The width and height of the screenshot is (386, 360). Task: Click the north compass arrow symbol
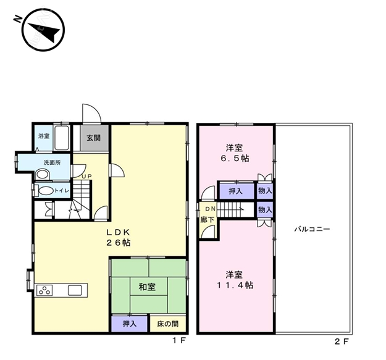[x=43, y=30]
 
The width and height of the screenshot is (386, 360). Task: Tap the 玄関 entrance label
[x=93, y=138]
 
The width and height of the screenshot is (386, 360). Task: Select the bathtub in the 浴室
[x=61, y=138]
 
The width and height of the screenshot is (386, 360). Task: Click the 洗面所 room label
[x=52, y=162]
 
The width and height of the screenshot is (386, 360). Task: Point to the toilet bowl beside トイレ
[x=46, y=191]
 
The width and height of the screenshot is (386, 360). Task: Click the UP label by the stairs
[x=86, y=177]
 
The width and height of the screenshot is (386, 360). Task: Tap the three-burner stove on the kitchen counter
[x=44, y=290]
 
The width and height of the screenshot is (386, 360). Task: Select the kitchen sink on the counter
[x=75, y=290]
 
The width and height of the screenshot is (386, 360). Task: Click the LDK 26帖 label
[x=118, y=238]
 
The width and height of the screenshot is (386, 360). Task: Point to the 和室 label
[x=147, y=287]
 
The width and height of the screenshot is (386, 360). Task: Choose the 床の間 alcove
[x=167, y=324]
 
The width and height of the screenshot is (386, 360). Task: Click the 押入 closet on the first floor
[x=130, y=324]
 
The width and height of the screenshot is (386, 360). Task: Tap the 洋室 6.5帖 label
[x=235, y=153]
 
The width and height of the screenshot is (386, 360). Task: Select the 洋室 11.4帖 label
[x=235, y=280]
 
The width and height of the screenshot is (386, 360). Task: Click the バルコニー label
[x=312, y=229]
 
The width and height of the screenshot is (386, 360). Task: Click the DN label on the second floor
[x=211, y=209]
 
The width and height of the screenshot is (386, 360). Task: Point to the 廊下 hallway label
[x=207, y=219]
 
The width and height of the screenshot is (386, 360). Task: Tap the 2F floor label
[x=342, y=341]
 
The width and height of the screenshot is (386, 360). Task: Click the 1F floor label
[x=178, y=341]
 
